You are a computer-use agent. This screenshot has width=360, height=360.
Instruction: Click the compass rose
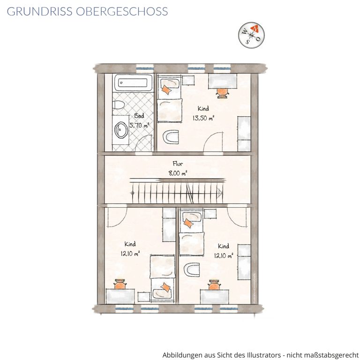click(x=251, y=35)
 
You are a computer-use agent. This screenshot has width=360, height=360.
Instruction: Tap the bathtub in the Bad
click(x=133, y=82)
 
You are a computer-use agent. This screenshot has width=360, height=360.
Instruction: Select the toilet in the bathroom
click(x=118, y=105)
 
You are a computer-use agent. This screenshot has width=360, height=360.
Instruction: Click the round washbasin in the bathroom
click(x=121, y=130)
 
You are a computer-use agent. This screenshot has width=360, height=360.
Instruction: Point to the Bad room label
click(x=139, y=115)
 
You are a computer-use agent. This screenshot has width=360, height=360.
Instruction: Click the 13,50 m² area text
click(x=203, y=118)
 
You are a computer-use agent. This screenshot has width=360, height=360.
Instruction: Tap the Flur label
click(x=178, y=164)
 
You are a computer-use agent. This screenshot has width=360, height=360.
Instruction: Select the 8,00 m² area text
click(x=178, y=173)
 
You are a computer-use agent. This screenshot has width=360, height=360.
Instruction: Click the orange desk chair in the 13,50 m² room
click(x=223, y=93)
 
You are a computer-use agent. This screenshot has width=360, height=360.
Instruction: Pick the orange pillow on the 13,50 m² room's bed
click(x=166, y=90)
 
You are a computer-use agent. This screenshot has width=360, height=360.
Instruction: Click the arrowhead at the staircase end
click(x=220, y=193)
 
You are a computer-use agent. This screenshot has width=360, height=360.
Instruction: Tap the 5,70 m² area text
click(x=139, y=125)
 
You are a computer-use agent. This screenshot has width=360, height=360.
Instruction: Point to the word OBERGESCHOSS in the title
click(x=122, y=11)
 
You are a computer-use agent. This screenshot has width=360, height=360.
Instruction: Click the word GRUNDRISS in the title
click(x=39, y=11)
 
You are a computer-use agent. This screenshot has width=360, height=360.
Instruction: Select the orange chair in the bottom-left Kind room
click(x=120, y=284)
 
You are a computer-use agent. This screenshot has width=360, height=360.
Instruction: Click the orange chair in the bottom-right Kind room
click(x=214, y=285)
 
